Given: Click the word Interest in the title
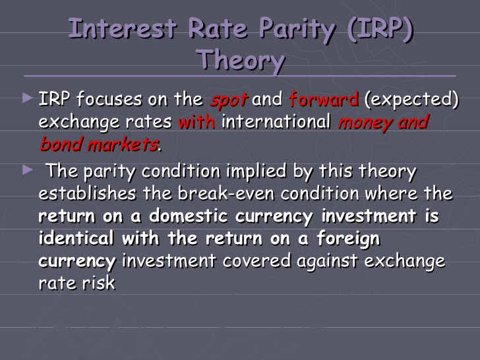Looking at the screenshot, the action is tap(123, 29).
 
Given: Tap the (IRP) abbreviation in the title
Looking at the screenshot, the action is tap(380, 30).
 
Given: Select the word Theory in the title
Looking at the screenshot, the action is tap(241, 60).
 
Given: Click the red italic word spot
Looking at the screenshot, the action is tap(229, 100).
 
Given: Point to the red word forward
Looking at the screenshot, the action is tap(324, 99).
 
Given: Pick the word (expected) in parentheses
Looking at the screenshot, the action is tap(411, 100).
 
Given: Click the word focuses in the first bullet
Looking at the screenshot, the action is tap(109, 99).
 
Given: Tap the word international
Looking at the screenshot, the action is tap(276, 121).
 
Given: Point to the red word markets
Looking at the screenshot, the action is tap(123, 144).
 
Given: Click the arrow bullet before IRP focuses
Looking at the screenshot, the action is tap(28, 98).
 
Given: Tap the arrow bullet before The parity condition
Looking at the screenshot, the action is tap(28, 170).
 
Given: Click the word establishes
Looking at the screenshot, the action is tap(88, 193).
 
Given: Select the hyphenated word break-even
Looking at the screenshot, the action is tap(226, 193).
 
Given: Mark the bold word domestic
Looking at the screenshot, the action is tap(189, 216).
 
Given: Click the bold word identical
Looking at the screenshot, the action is tap(76, 238).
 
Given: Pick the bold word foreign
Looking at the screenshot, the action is tap(348, 239).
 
